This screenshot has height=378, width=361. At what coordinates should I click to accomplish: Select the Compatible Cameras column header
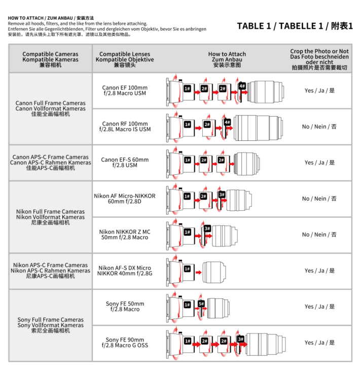[x=50, y=59]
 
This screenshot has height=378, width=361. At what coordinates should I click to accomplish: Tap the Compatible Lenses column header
[x=125, y=59]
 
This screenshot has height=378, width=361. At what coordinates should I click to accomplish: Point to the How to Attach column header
[x=227, y=59]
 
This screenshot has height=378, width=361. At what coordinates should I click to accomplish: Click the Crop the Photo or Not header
[x=319, y=59]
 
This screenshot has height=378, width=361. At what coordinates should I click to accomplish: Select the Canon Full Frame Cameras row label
[x=50, y=108]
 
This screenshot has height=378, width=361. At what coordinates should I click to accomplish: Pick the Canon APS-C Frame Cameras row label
[x=50, y=163]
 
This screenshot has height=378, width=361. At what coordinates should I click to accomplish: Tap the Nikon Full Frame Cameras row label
[x=50, y=217]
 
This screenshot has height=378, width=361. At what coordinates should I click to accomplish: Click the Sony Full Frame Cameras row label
[x=50, y=325]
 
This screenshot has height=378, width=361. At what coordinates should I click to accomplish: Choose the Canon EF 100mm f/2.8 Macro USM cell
[x=125, y=91]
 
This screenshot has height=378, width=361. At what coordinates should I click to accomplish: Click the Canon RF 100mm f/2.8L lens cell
[x=125, y=127]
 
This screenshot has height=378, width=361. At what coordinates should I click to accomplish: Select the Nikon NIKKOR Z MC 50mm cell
[x=125, y=235]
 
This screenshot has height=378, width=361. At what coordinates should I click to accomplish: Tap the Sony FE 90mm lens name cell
[x=125, y=343]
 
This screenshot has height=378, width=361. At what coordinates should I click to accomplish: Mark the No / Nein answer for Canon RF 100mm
[x=319, y=127]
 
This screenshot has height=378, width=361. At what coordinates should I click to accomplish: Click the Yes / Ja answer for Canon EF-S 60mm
[x=319, y=163]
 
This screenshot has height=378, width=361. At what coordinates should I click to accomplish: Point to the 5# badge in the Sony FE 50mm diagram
[x=201, y=304]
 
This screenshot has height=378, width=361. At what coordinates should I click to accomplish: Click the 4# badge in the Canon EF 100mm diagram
[x=241, y=86]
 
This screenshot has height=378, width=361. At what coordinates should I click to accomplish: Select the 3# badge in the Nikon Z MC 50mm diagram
[x=207, y=229]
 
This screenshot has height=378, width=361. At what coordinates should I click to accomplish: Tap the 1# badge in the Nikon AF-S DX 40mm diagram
[x=187, y=269]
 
